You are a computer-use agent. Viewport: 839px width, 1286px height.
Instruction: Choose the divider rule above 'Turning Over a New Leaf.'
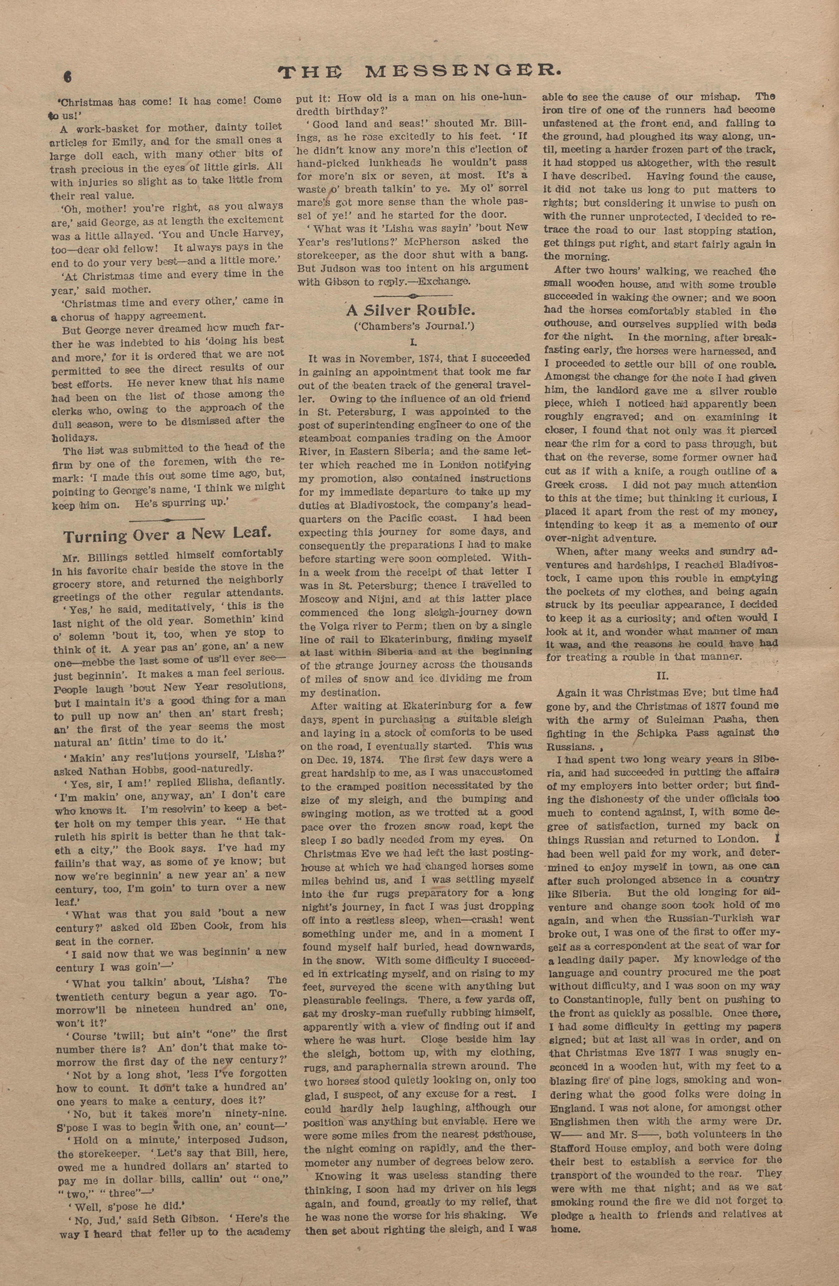coord(166,519)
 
